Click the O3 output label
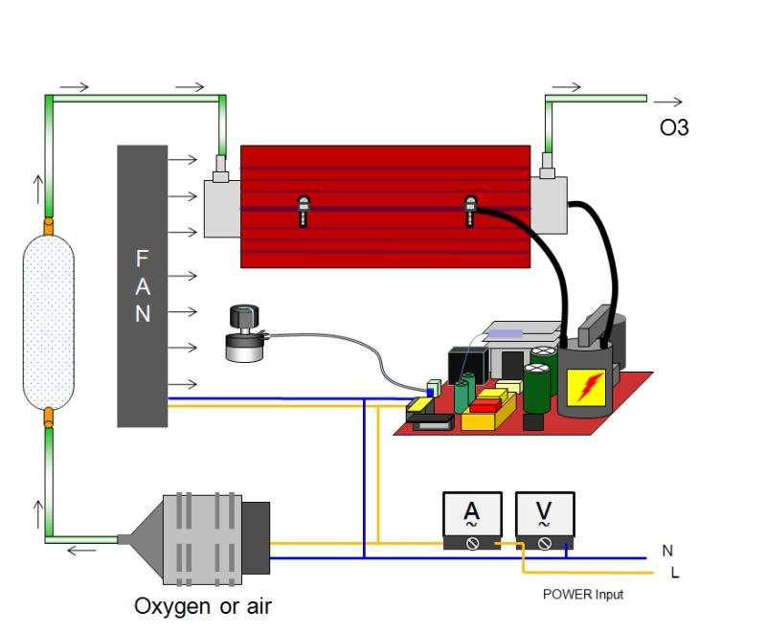click(x=674, y=126)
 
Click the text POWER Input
click(x=582, y=595)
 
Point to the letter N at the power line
click(x=667, y=552)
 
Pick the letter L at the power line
click(x=676, y=574)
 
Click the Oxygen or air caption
click(x=209, y=606)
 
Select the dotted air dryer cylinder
click(x=48, y=320)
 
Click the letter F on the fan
click(x=143, y=259)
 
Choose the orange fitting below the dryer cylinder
click(x=47, y=416)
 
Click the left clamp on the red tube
click(x=304, y=210)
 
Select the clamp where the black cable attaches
click(x=469, y=210)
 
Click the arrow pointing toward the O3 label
click(x=669, y=101)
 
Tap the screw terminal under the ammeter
click(x=471, y=543)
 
